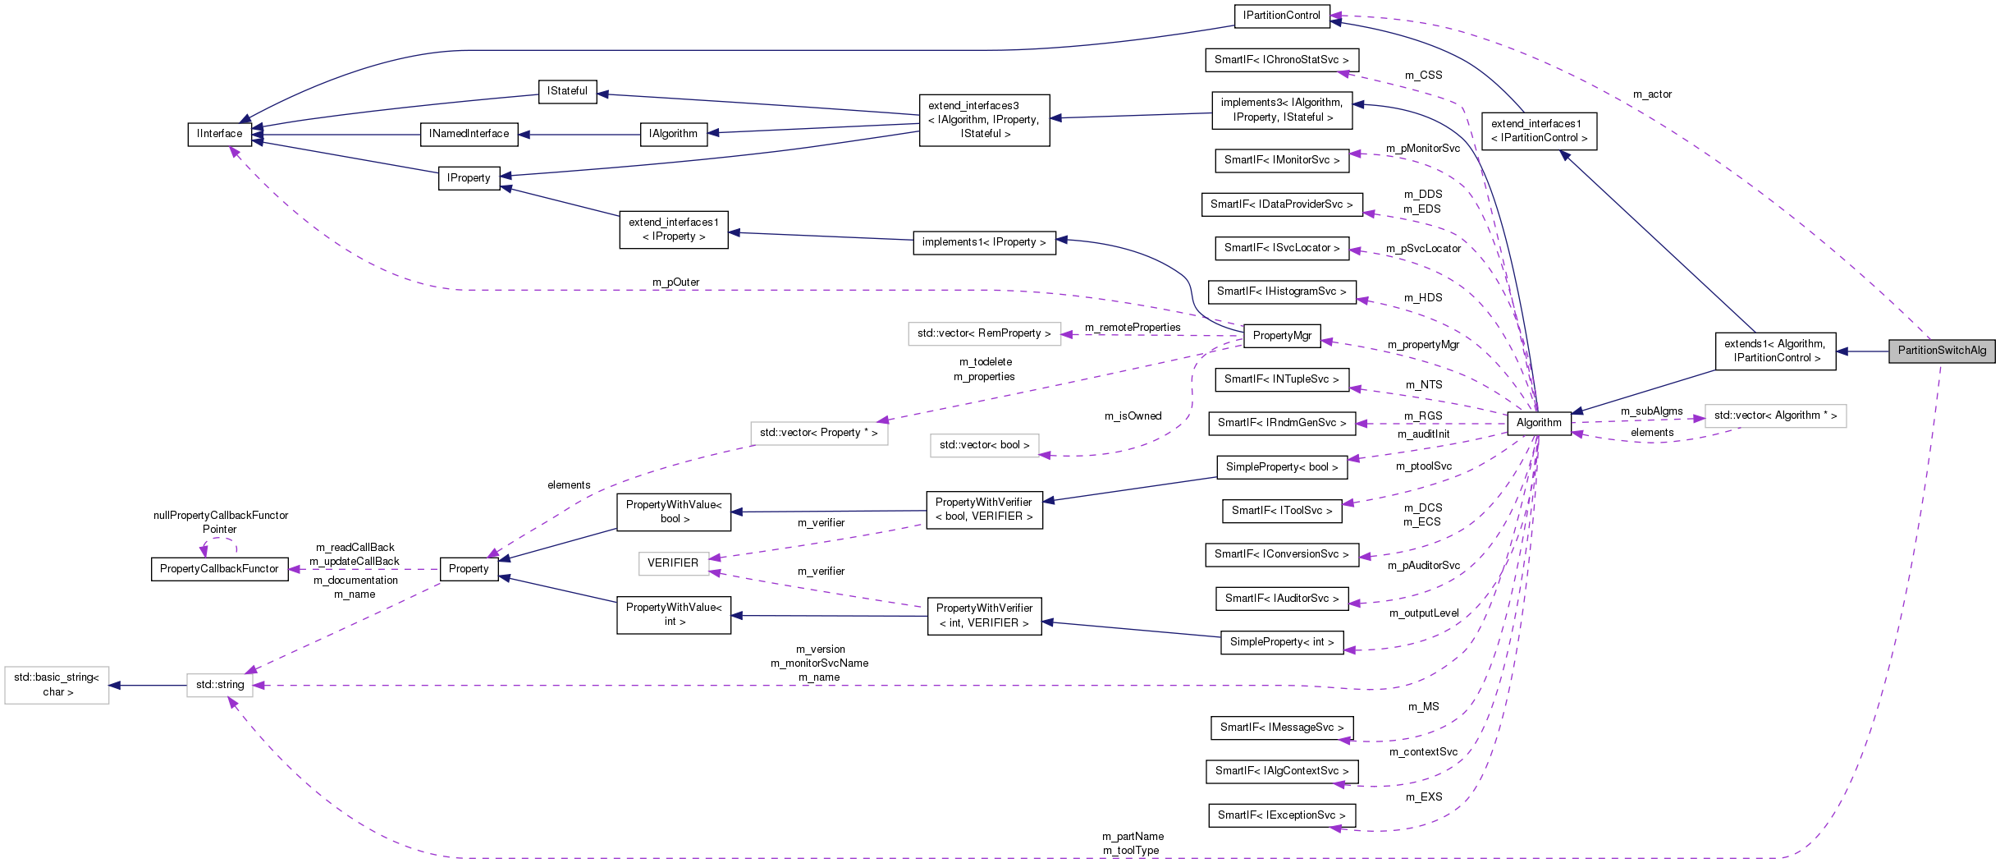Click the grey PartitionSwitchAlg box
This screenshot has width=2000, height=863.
pyautogui.click(x=1941, y=351)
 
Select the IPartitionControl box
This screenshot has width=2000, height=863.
pyautogui.click(x=1281, y=16)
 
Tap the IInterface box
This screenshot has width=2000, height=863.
pyautogui.click(x=219, y=134)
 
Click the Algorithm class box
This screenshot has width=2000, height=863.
pyautogui.click(x=1539, y=423)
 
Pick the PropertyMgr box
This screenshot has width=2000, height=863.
pyautogui.click(x=1281, y=335)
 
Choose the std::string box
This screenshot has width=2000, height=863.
pyautogui.click(x=220, y=685)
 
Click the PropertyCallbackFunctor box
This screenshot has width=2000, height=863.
pyautogui.click(x=219, y=569)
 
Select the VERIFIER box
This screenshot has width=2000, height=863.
pyautogui.click(x=673, y=563)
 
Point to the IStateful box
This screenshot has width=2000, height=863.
pyautogui.click(x=567, y=91)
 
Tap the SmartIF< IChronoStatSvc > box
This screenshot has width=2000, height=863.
pyautogui.click(x=1281, y=60)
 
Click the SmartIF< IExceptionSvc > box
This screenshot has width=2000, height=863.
pyautogui.click(x=1281, y=815)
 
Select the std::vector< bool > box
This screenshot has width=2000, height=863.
pyautogui.click(x=984, y=445)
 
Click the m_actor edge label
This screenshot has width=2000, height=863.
pyautogui.click(x=1651, y=94)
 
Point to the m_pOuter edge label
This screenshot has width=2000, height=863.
pyautogui.click(x=675, y=282)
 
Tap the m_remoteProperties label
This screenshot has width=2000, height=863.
pyautogui.click(x=1133, y=328)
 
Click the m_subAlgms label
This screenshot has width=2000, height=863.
pyautogui.click(x=1651, y=411)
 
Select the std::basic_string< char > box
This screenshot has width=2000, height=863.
pyautogui.click(x=57, y=685)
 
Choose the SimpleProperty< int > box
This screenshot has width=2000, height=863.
pyautogui.click(x=1281, y=642)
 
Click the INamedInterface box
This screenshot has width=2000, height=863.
pyautogui.click(x=469, y=134)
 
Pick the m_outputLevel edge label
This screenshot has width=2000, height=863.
pyautogui.click(x=1424, y=613)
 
